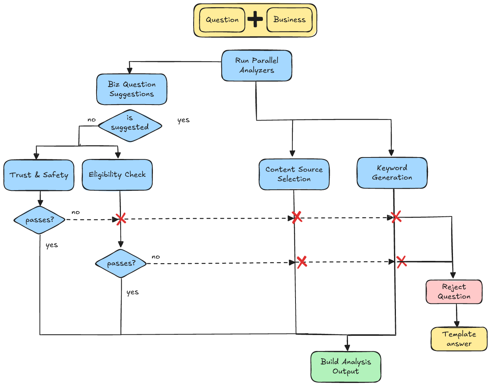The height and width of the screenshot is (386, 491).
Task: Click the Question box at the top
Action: point(222,20)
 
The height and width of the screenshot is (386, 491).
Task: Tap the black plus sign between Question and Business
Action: point(255,19)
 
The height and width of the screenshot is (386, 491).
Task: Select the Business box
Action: point(289,20)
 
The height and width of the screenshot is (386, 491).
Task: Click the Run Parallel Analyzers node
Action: point(257,65)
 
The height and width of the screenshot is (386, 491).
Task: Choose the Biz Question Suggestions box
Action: point(132,89)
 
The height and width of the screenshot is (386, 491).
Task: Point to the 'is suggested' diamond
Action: point(130,126)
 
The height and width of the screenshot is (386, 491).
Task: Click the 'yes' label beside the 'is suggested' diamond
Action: point(183,120)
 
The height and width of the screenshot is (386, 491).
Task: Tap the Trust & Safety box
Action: point(39,175)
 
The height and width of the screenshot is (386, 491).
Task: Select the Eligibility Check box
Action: point(117,175)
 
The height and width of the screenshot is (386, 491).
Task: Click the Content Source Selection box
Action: point(294,174)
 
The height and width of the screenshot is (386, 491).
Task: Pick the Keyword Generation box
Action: point(392,173)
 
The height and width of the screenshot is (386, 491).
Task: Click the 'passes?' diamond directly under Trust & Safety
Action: point(40,220)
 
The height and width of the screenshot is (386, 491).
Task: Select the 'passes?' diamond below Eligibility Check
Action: point(121,264)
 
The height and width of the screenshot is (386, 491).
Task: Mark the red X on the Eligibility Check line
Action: point(121,219)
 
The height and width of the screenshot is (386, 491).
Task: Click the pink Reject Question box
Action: point(454,292)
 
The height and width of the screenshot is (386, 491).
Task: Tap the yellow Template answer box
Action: point(459,339)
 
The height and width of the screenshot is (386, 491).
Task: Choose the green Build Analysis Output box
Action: point(346,367)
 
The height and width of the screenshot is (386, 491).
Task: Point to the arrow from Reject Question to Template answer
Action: point(456,315)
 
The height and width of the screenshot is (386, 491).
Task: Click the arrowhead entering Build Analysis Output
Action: point(347,347)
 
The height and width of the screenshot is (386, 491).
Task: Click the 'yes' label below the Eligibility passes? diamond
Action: point(132,292)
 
